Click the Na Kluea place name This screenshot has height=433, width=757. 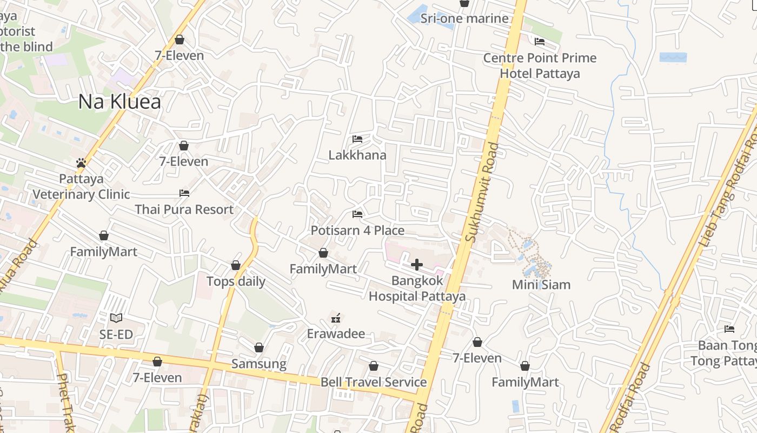pyautogui.click(x=119, y=102)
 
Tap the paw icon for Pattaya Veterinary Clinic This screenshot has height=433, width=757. pyautogui.click(x=81, y=162)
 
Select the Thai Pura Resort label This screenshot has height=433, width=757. pyautogui.click(x=184, y=209)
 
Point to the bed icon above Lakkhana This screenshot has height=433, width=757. pyautogui.click(x=357, y=139)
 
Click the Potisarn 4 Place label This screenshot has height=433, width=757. pyautogui.click(x=357, y=231)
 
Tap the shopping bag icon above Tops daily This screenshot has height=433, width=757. pyautogui.click(x=236, y=265)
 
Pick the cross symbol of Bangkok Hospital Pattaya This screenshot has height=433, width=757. pyautogui.click(x=417, y=265)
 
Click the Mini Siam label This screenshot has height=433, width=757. pyautogui.click(x=541, y=285)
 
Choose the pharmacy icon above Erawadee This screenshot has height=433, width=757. pyautogui.click(x=336, y=318)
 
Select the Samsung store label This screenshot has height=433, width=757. pyautogui.click(x=259, y=364)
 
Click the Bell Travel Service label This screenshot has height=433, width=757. pyautogui.click(x=374, y=382)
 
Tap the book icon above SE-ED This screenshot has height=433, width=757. pyautogui.click(x=116, y=318)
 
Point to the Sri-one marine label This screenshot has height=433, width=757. pyautogui.click(x=465, y=18)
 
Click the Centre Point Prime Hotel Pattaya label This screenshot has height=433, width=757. pyautogui.click(x=540, y=65)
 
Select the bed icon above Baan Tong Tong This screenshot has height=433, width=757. pyautogui.click(x=729, y=329)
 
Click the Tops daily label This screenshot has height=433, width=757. pyautogui.click(x=236, y=281)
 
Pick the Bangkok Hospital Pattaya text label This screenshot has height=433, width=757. pyautogui.click(x=417, y=288)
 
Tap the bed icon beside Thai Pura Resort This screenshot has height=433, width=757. pyautogui.click(x=184, y=193)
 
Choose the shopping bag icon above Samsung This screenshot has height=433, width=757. pyautogui.click(x=259, y=347)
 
